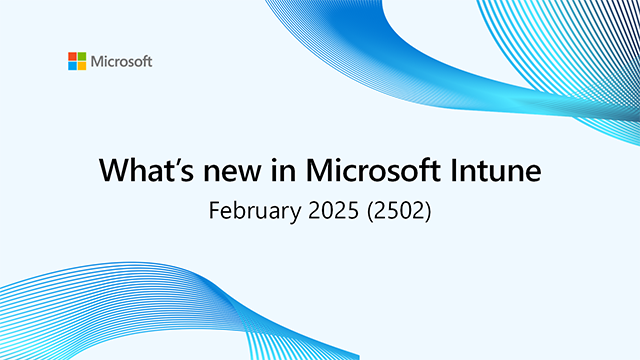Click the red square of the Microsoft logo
tap(73, 57)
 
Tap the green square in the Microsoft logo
tap(82, 57)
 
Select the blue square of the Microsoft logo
tap(73, 66)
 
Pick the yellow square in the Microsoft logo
tap(82, 66)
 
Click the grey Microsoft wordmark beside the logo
tap(121, 62)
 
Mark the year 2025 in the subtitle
tap(330, 211)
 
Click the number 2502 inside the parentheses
tap(396, 211)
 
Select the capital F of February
tap(212, 211)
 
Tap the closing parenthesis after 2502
tap(426, 212)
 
